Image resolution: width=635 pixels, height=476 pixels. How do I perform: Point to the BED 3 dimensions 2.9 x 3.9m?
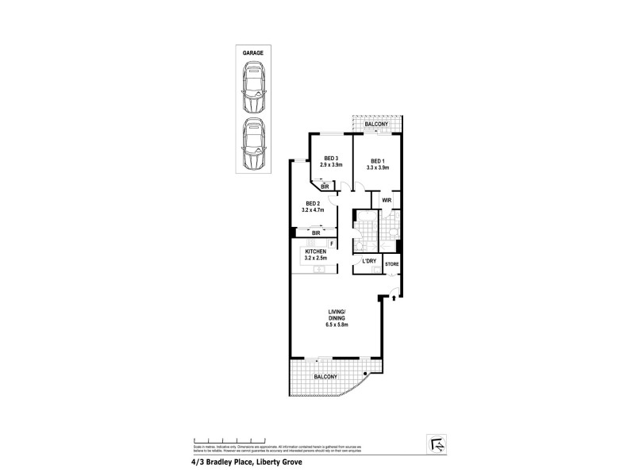(330, 165)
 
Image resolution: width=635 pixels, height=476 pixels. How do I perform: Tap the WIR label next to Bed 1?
(386, 201)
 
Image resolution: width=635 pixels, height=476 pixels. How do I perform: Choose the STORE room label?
(391, 263)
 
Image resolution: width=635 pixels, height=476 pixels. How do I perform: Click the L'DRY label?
(368, 261)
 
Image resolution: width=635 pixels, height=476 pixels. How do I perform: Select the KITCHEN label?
(316, 251)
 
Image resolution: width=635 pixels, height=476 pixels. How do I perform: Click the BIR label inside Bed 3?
(325, 186)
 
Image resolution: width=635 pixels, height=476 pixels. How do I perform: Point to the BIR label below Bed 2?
(315, 232)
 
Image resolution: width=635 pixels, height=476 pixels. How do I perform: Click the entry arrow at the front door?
(393, 297)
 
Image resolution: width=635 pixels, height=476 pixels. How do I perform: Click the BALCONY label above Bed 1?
(376, 125)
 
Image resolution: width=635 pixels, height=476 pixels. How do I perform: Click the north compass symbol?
(434, 441)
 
